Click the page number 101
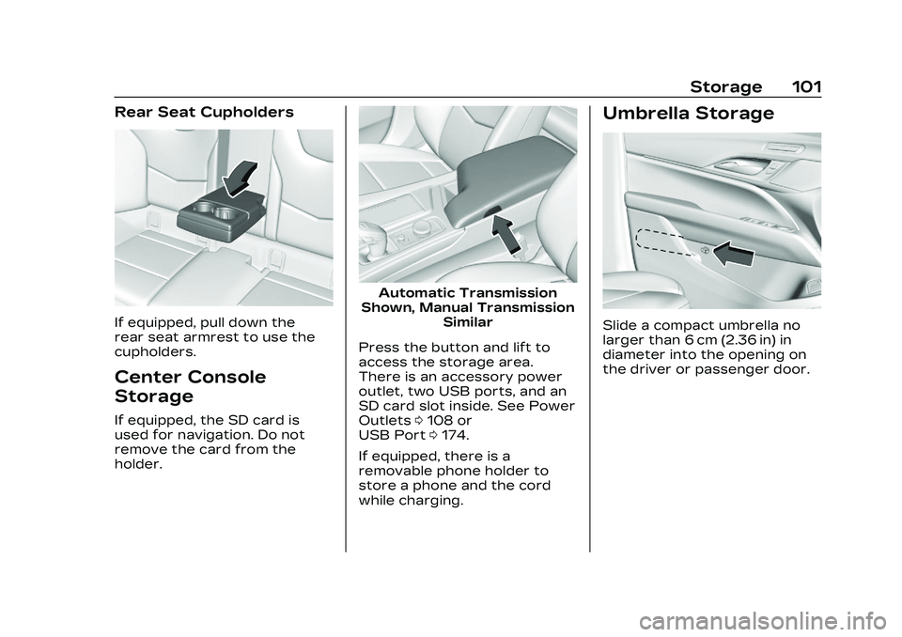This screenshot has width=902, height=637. (806, 87)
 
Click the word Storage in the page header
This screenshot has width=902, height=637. (725, 87)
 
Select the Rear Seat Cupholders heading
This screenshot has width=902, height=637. (204, 112)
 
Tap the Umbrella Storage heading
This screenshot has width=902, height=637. (688, 114)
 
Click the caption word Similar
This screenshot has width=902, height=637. (467, 321)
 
